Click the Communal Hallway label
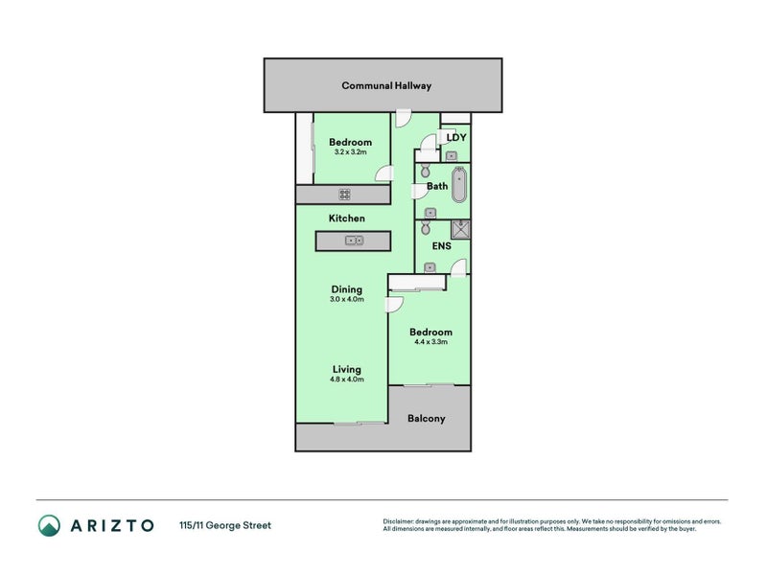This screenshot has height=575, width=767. (386, 85)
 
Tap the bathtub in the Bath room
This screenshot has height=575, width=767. (459, 184)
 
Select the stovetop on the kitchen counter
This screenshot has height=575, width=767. (344, 195)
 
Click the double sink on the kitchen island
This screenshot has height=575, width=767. (354, 241)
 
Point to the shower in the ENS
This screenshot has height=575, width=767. (460, 229)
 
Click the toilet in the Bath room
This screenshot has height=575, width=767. (425, 171)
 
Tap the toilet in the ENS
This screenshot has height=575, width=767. (426, 227)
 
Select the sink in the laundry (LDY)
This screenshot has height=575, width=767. (452, 156)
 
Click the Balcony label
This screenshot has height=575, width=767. (426, 419)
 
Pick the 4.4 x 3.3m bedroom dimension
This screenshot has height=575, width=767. (430, 342)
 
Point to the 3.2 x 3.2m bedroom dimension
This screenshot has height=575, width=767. (350, 152)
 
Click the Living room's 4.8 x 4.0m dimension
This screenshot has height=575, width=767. (347, 379)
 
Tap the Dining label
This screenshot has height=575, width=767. (347, 289)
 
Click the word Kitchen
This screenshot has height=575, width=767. (347, 218)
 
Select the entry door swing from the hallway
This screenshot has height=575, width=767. (403, 118)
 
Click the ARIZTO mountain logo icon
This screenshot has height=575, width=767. (49, 525)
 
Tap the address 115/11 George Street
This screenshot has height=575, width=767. (225, 525)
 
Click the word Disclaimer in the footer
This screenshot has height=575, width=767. (398, 521)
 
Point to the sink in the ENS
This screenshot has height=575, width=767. (430, 267)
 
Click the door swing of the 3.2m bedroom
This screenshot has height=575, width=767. (384, 173)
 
